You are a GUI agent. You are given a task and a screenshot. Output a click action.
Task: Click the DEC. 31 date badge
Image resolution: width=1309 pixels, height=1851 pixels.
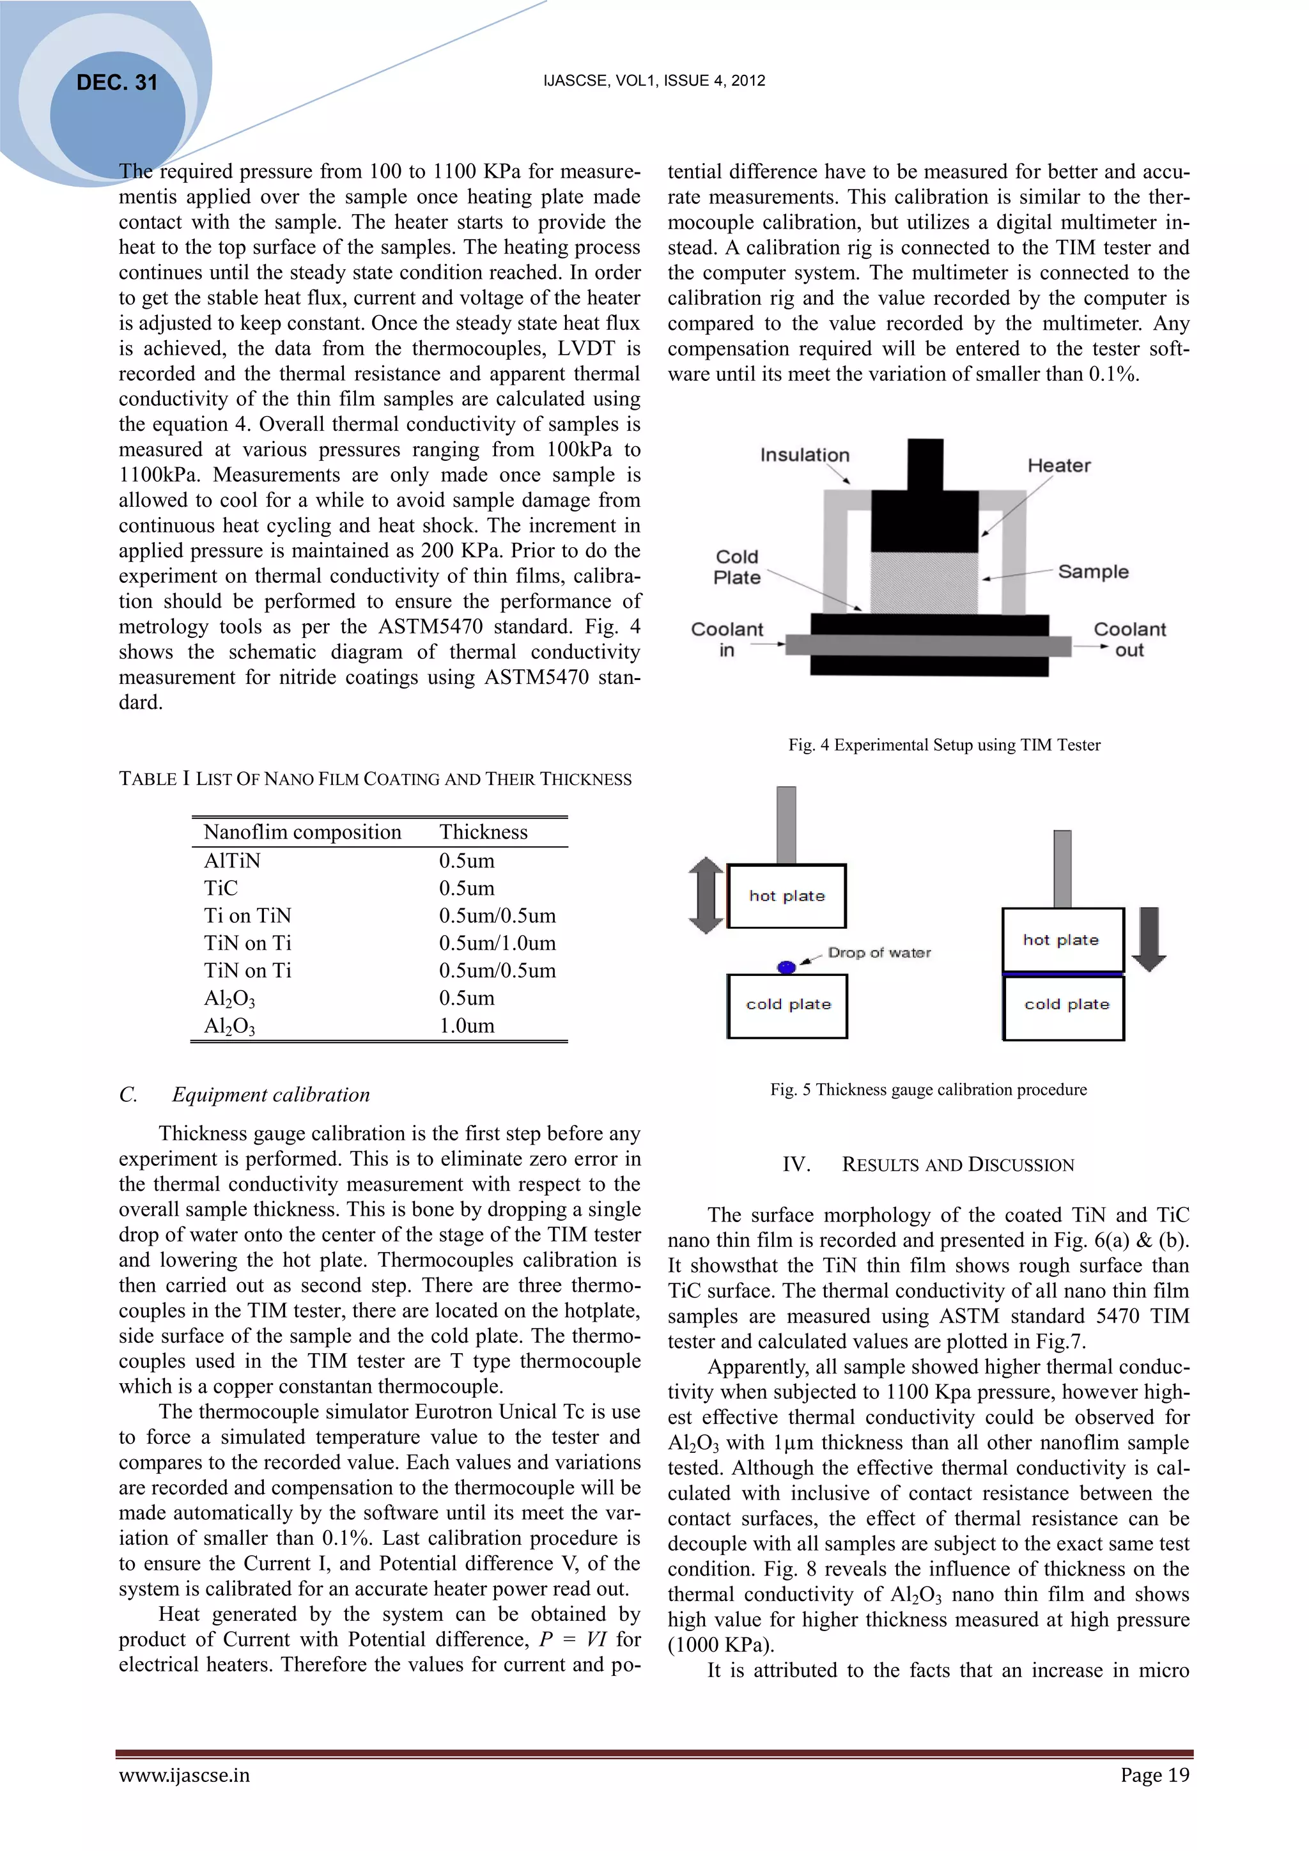coord(117,82)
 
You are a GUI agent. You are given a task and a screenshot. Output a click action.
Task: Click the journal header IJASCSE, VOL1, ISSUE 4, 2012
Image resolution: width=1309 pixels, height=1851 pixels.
coord(654,81)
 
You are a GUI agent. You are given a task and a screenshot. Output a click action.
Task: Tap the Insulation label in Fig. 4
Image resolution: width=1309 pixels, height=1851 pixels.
coord(805,454)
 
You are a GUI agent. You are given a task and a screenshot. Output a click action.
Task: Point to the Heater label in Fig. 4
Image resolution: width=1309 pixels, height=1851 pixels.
coord(1058,465)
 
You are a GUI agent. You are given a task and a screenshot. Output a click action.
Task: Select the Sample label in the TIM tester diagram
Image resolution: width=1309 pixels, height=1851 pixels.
coord(1092,571)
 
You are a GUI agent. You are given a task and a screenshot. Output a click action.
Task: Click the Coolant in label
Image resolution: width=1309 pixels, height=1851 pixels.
coord(726,639)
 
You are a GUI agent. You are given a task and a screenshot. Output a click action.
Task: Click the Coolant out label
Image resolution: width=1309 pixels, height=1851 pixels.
coord(1129,639)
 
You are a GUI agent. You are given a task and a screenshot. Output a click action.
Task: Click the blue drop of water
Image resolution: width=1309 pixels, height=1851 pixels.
coord(786,966)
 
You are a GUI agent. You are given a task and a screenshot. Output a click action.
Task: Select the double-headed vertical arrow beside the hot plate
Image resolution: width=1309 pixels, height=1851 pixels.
coord(706,895)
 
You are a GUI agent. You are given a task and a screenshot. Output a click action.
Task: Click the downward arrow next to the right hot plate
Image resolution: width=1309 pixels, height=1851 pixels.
coord(1149,939)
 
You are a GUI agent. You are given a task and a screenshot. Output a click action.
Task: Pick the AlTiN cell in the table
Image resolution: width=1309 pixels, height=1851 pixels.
coord(232,860)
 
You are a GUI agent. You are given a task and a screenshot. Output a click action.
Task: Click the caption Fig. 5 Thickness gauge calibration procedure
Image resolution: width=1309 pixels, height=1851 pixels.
coord(928,1089)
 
